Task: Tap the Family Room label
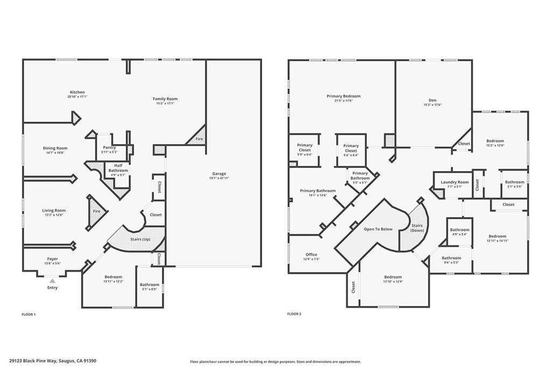165,98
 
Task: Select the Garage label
219,173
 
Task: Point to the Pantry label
110,147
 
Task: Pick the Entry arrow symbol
52,280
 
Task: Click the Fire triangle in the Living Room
96,211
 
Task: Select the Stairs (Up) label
140,239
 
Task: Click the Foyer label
52,259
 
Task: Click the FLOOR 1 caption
29,314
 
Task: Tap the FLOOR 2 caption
294,314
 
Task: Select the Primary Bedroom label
343,96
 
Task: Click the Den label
432,100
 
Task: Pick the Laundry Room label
455,182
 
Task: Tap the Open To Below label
378,229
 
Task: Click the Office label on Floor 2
311,255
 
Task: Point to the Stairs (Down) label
417,227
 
